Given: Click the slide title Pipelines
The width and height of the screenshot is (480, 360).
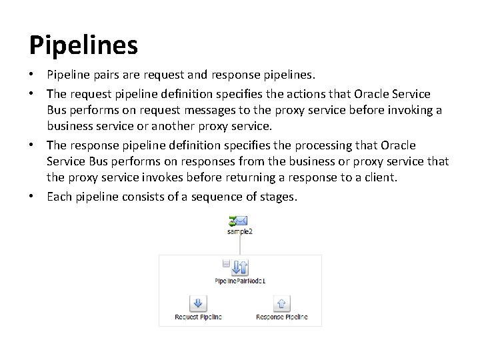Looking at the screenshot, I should pos(83,45).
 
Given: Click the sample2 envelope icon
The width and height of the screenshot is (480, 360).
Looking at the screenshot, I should pos(239,219).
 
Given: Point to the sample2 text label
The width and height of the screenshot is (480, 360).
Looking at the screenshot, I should pos(239,231).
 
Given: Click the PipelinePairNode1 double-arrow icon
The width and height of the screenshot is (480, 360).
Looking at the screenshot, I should pos(240,267).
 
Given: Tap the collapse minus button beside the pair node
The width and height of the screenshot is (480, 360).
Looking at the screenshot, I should pos(226,264).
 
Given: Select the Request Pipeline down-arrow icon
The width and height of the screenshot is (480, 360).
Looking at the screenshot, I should pos(198,304).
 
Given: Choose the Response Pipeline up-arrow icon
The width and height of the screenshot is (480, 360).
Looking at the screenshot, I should pos(281,304).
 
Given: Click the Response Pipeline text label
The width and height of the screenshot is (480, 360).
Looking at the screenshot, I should pos(281,317).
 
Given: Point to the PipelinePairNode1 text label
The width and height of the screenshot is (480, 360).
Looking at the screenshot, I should pos(240,281).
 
